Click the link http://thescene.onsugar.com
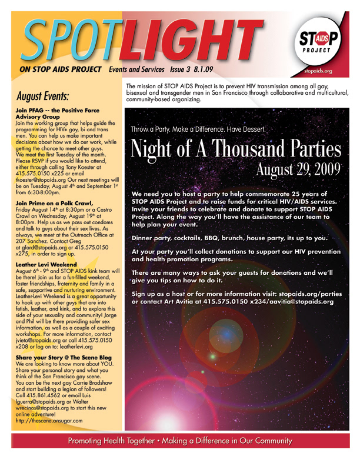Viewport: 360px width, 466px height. [49, 421]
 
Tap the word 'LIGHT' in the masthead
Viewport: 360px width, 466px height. [194, 39]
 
